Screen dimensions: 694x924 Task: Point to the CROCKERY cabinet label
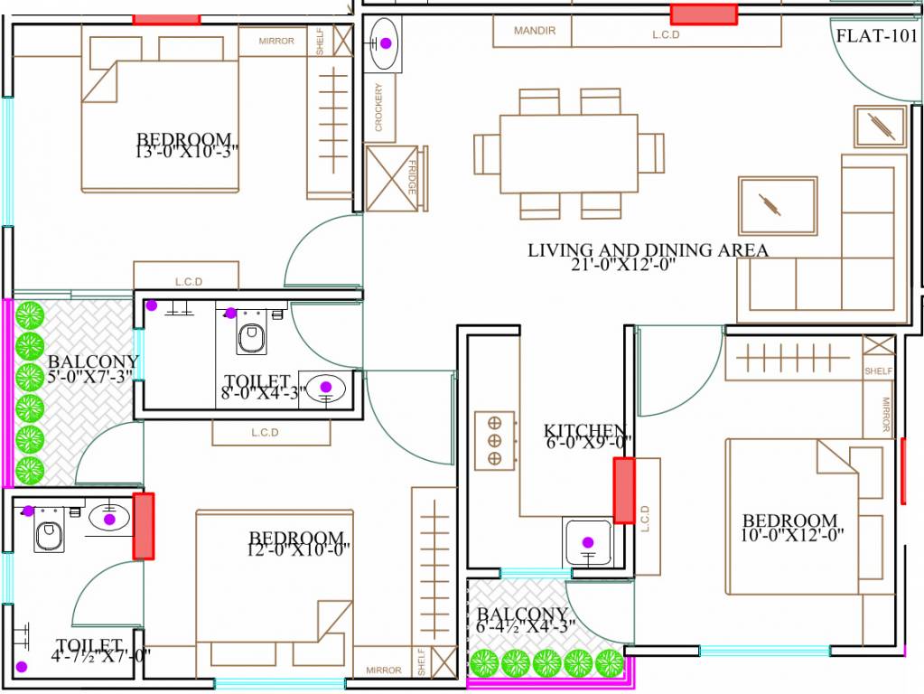point(378,108)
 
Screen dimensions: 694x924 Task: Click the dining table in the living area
point(568,153)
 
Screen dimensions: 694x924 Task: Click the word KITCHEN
point(584,430)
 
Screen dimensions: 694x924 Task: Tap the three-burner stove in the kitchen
point(494,439)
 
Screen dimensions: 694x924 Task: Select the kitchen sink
point(588,542)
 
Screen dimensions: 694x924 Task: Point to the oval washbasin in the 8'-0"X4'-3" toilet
point(325,388)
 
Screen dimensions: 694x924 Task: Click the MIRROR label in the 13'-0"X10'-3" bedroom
point(276,41)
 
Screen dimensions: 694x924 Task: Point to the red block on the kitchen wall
point(623,490)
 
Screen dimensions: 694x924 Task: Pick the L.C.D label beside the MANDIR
point(665,34)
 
